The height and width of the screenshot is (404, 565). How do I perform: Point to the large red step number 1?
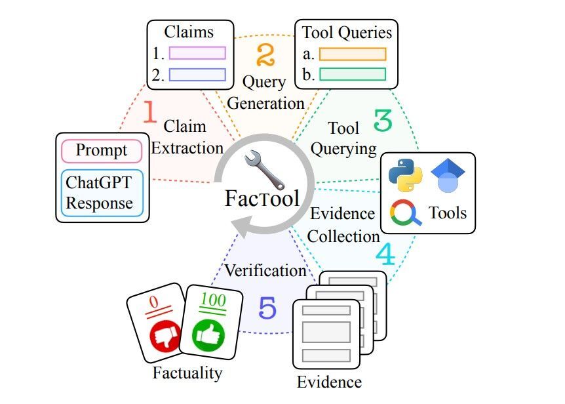(x=150, y=112)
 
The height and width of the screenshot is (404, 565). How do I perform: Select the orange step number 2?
(x=264, y=55)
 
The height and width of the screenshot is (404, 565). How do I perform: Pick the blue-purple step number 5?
(x=267, y=308)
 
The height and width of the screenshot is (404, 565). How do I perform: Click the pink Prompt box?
(x=102, y=151)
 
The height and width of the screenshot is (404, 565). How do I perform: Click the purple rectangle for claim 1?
(x=197, y=53)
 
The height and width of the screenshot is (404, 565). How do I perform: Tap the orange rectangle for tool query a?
(x=352, y=54)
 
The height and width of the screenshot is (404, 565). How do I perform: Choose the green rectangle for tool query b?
(x=352, y=73)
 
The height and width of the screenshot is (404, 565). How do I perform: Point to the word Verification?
(x=265, y=270)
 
